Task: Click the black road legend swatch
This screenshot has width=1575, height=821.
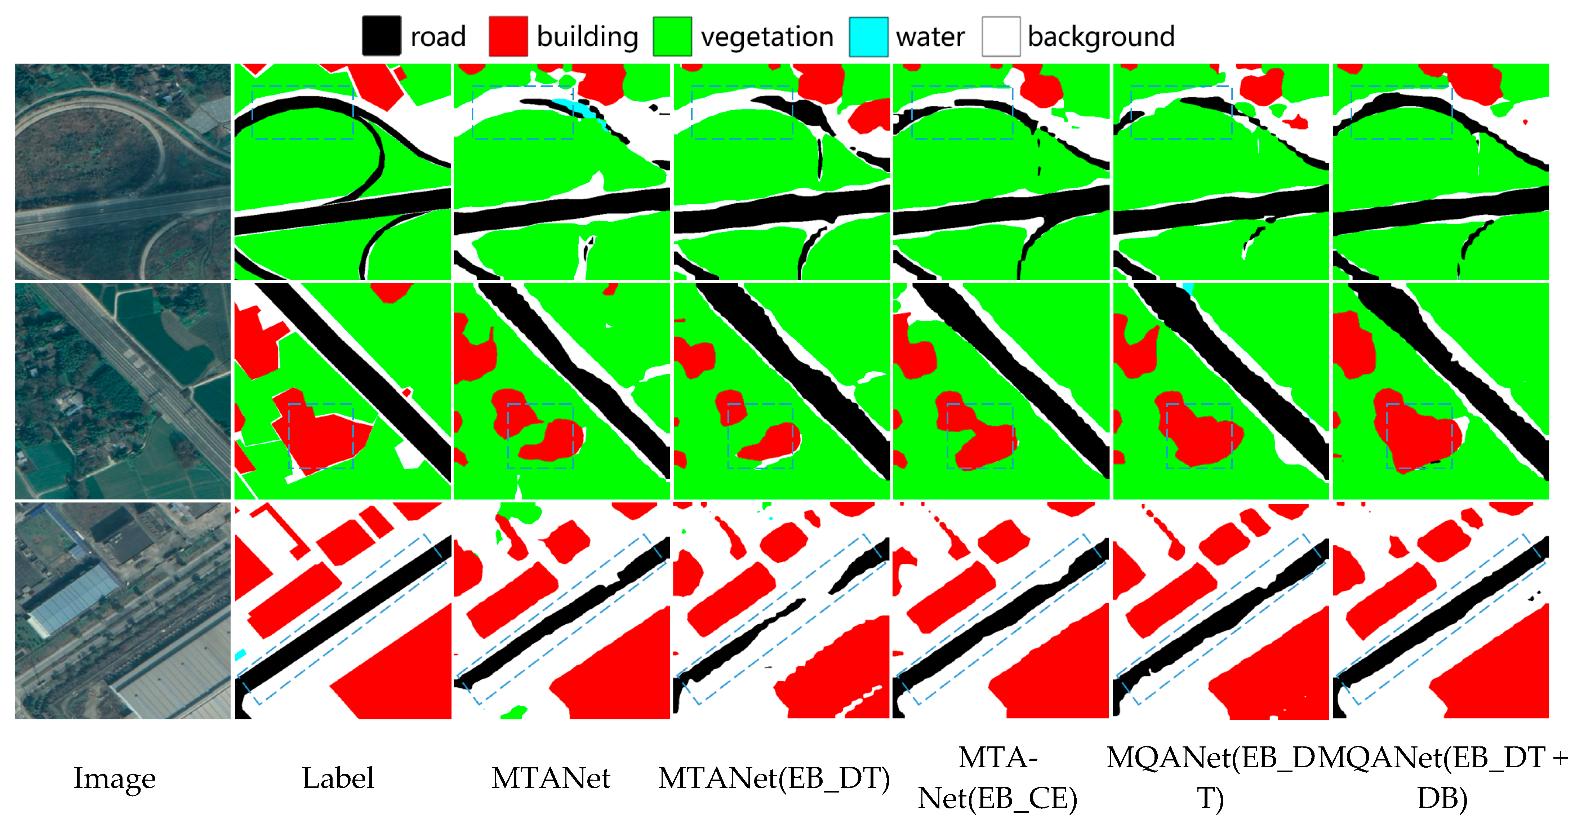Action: (x=382, y=36)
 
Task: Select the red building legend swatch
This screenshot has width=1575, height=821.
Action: (x=508, y=36)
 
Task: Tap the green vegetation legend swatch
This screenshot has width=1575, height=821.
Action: (x=672, y=36)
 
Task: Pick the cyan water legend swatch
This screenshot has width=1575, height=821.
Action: (x=868, y=36)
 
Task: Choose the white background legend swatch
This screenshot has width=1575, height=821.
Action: (x=1001, y=36)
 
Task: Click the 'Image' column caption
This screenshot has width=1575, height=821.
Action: (x=114, y=778)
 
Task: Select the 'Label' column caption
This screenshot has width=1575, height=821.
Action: (x=338, y=778)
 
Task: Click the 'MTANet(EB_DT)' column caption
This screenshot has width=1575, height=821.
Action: (x=773, y=778)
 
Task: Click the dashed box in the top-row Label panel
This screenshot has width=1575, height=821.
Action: (x=303, y=112)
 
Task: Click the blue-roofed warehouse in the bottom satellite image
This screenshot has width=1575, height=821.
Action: (x=74, y=599)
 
